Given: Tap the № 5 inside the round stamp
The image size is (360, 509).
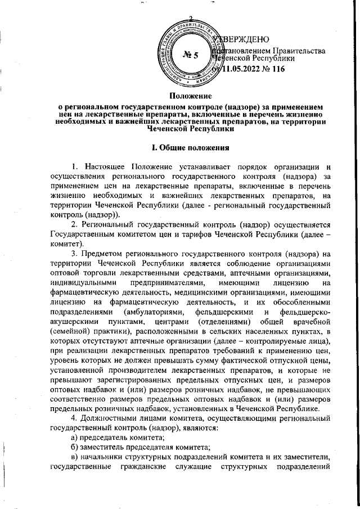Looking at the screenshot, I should (x=192, y=55).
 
